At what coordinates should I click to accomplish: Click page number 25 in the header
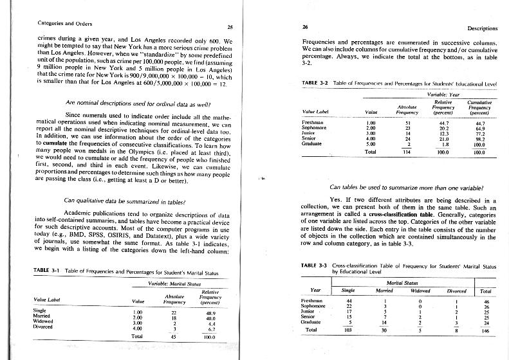pyautogui.click(x=230, y=26)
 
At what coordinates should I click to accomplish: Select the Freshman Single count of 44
pyautogui.click(x=349, y=300)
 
